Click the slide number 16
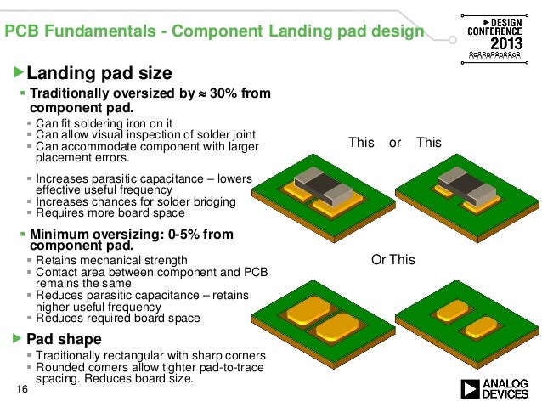[x=22, y=389]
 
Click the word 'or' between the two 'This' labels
[x=395, y=143]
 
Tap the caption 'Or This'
[x=393, y=260]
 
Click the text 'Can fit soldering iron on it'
[x=104, y=122]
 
